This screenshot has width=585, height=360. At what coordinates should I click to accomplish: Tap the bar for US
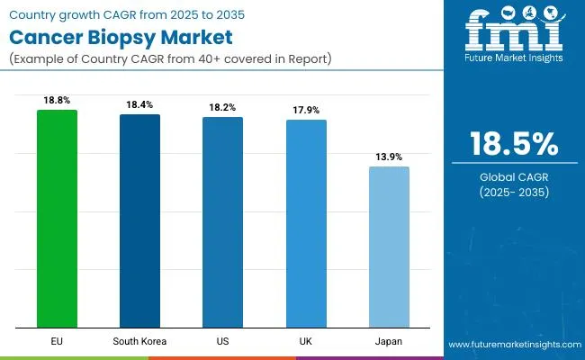[x=222, y=222]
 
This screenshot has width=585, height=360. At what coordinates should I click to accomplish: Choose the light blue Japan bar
[x=389, y=247]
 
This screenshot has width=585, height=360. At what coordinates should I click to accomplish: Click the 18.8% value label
[x=57, y=102]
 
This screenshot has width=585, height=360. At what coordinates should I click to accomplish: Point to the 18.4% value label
[x=139, y=105]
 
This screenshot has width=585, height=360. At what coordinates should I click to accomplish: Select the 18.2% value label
[x=222, y=108]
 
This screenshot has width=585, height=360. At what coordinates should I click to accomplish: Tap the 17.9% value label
[x=306, y=111]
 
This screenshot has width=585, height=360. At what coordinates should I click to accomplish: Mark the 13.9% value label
[x=389, y=157]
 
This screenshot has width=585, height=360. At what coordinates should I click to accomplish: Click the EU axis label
[x=57, y=343]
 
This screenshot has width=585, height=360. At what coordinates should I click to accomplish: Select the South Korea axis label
[x=139, y=343]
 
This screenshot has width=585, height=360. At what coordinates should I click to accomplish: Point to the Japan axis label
[x=389, y=343]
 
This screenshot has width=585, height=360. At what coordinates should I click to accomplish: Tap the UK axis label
[x=306, y=343]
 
